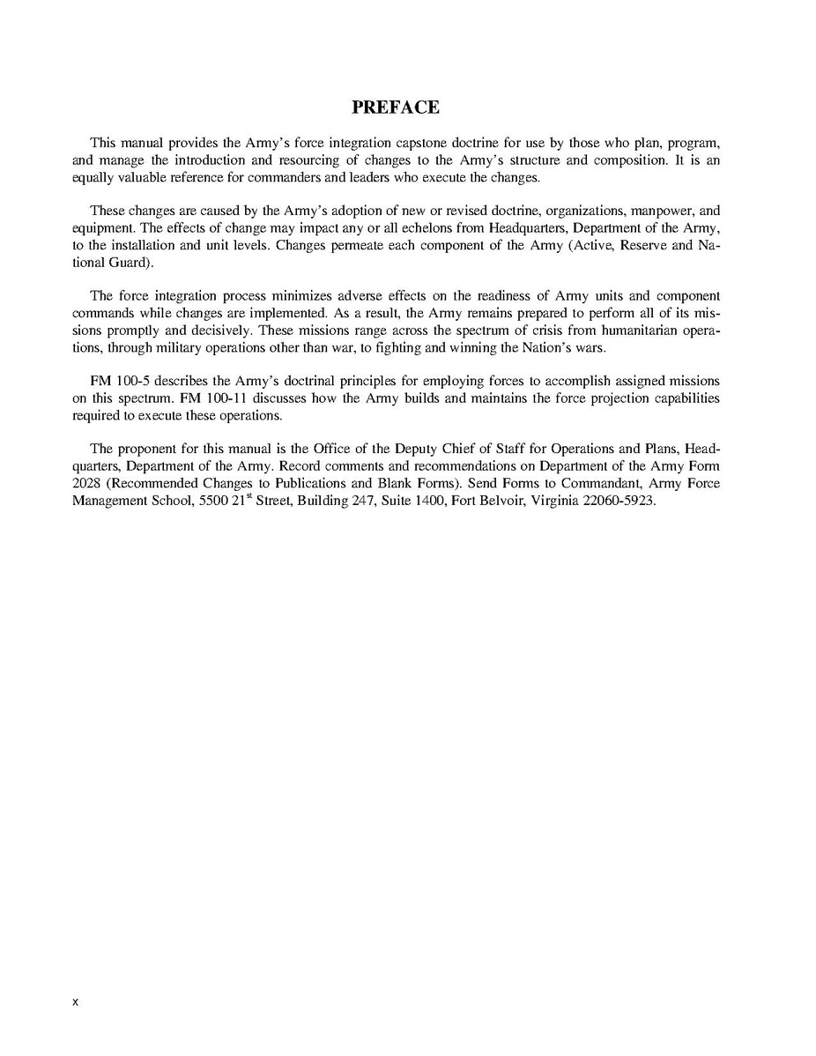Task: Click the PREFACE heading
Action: (x=396, y=108)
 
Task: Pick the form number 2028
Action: (x=86, y=483)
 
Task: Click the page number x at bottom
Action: (x=76, y=1002)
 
